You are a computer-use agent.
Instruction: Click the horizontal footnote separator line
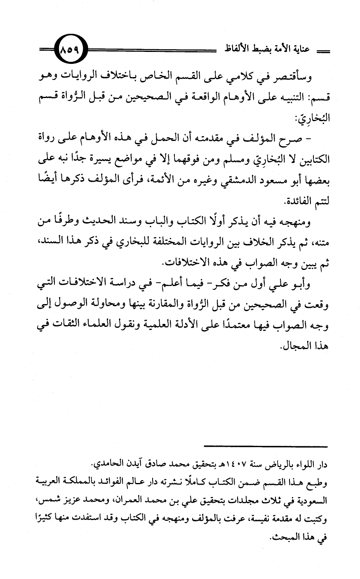point(266,446)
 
